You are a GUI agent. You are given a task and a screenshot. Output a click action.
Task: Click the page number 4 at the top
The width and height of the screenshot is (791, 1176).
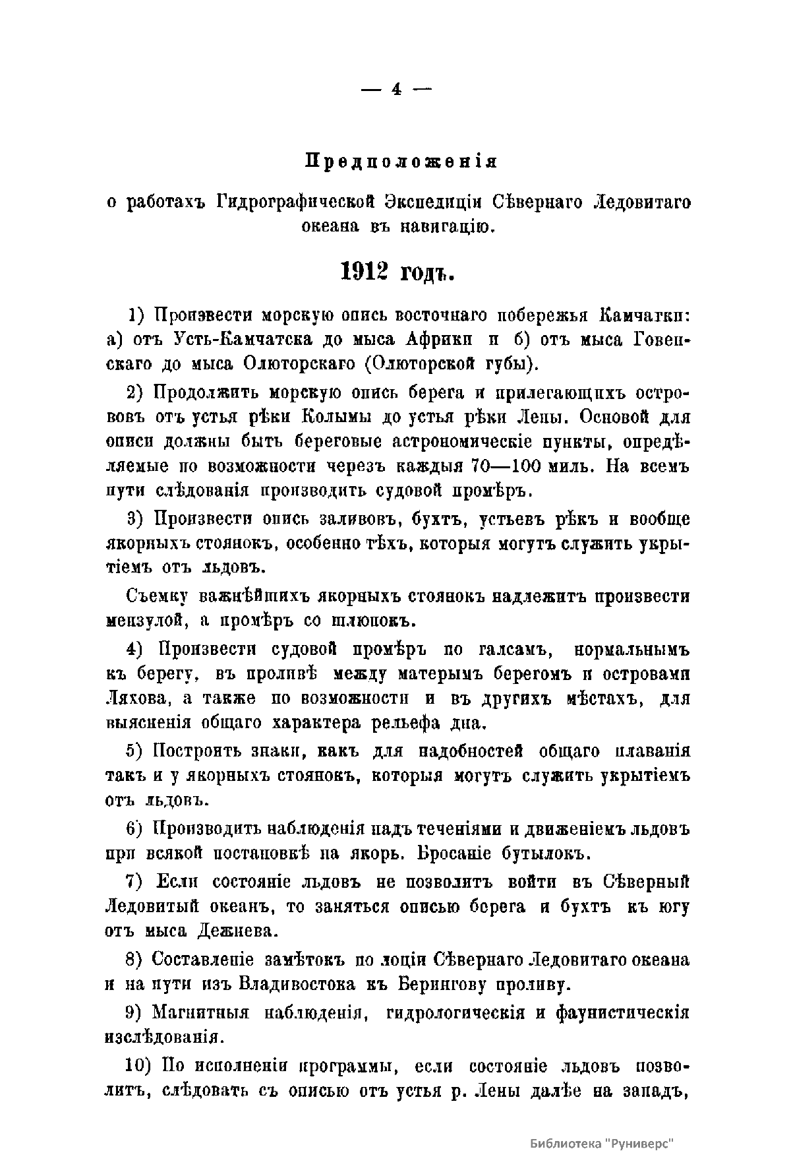tap(395, 90)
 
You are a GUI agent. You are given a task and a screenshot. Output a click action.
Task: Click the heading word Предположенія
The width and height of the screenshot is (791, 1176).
tap(401, 162)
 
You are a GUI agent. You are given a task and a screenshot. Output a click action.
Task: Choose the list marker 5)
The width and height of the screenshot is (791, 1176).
tap(136, 751)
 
